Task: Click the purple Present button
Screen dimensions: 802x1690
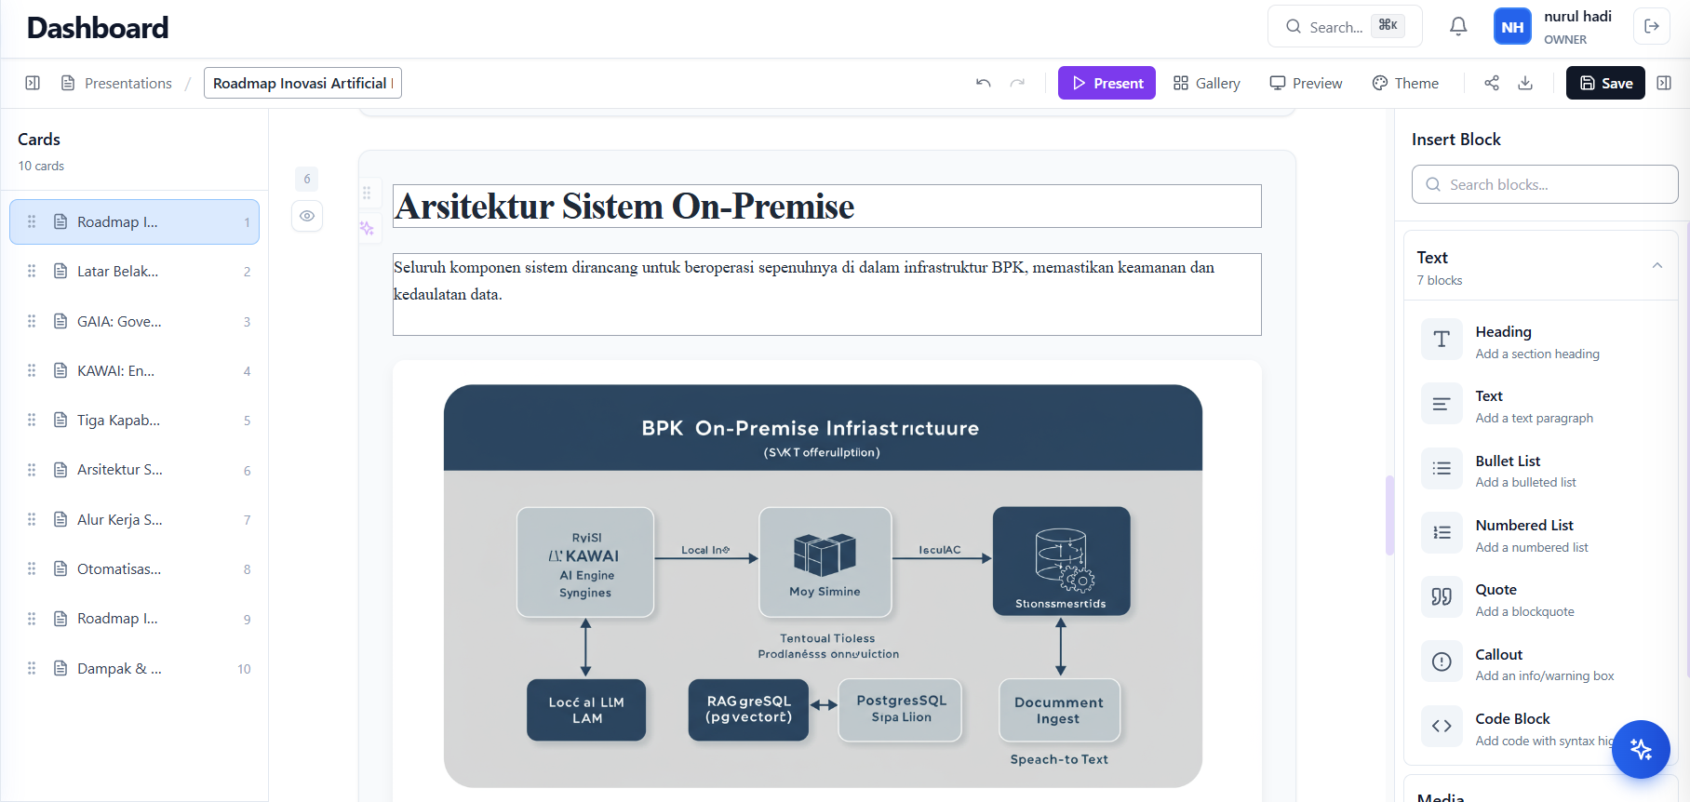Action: (1107, 83)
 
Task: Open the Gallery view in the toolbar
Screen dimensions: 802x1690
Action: (1206, 83)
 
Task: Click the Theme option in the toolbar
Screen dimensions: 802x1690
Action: (1405, 83)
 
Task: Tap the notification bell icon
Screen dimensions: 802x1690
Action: (1458, 26)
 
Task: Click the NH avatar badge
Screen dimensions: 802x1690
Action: (1512, 27)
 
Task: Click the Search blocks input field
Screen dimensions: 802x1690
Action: (1545, 184)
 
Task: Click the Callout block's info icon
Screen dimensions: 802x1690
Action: (1442, 662)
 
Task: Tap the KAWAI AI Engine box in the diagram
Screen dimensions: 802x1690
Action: (585, 562)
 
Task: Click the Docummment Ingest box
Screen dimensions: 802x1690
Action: (1059, 710)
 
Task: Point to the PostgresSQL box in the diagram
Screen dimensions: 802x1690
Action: (900, 709)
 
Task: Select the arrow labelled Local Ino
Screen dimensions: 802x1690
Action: (706, 558)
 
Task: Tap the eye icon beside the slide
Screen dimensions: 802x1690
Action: (307, 216)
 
